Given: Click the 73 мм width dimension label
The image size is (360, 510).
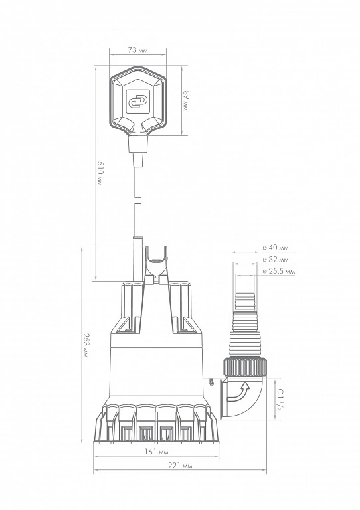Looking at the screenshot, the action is tap(138, 50).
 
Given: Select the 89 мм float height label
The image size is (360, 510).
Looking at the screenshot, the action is tap(185, 101).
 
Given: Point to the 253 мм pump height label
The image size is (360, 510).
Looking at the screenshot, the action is tap(86, 345).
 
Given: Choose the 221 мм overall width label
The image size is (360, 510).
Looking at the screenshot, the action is tap(180, 466).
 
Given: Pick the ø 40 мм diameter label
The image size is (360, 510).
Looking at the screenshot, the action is tap(276, 248).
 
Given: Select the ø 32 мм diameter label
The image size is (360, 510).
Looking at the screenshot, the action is tap(276, 260).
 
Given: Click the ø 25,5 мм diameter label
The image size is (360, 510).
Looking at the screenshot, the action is tap(279, 271).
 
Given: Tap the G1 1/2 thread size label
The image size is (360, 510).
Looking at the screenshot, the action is tap(279, 399).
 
